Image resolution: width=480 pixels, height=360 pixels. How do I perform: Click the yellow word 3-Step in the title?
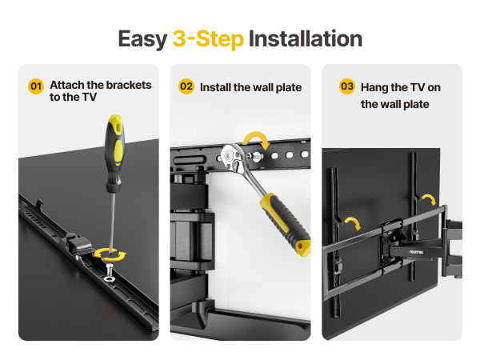208,39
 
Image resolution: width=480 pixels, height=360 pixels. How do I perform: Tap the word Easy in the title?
142,40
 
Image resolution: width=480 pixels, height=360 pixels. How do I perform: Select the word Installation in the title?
306,39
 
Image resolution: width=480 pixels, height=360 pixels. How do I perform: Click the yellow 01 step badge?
36,86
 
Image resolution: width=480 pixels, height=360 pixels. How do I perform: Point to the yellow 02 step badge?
186,86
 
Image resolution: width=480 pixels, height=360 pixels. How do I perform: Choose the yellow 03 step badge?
347,86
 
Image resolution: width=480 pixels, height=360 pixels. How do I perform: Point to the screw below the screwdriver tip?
110,273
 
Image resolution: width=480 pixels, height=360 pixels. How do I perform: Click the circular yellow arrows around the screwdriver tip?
110,254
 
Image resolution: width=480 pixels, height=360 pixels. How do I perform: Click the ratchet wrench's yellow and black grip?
286,224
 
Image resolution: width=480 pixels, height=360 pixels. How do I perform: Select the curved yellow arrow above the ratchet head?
257,137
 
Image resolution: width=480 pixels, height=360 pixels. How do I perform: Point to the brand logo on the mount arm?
416,252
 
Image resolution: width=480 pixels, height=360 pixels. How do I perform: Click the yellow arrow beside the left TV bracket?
354,222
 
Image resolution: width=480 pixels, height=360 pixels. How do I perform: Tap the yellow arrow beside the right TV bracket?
429,199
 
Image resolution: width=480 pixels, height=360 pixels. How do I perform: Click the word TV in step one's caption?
90,97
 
